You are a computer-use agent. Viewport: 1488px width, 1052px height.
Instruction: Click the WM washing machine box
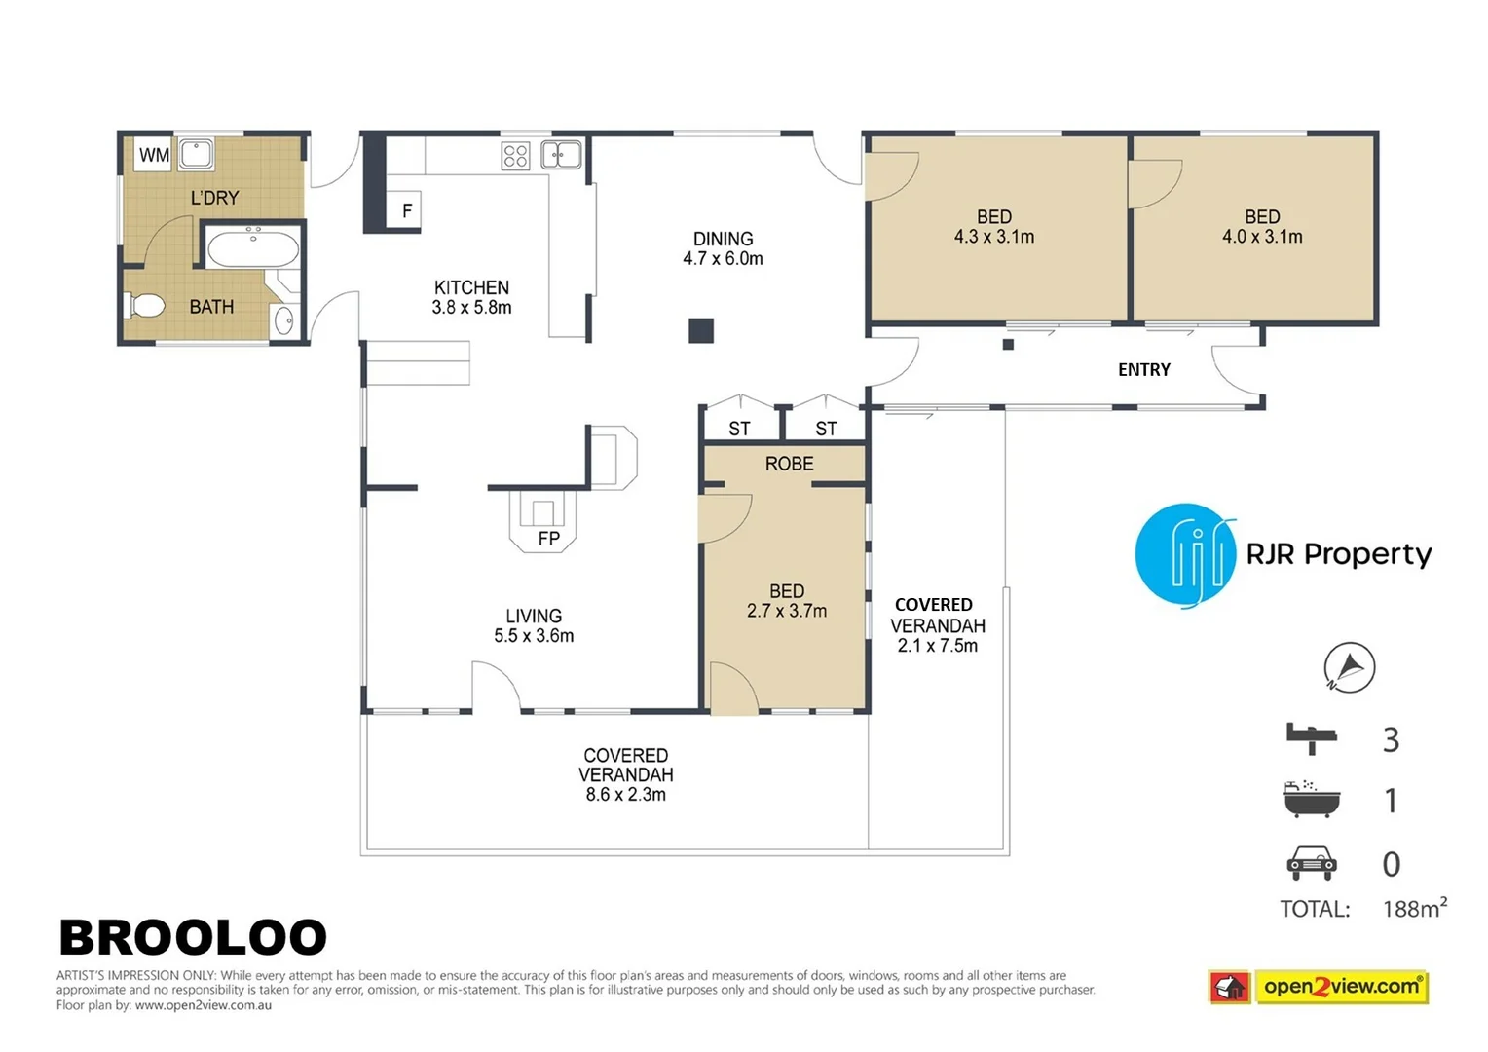(153, 155)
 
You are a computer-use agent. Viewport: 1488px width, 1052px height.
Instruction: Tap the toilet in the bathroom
(145, 306)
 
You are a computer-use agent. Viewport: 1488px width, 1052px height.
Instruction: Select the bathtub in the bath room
(253, 247)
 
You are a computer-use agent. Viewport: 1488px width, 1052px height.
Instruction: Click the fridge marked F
(406, 209)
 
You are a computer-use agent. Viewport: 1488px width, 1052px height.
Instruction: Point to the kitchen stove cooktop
(515, 156)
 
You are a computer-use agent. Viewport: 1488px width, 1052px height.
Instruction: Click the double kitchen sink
(561, 154)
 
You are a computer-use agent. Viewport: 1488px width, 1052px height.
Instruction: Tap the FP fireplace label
(548, 538)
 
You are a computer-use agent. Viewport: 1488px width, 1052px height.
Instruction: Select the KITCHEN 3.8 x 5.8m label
(471, 297)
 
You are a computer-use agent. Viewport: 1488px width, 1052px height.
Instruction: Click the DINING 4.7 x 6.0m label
(723, 248)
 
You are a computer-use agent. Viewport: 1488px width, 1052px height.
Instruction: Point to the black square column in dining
(701, 331)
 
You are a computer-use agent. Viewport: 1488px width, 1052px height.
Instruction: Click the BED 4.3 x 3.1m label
(993, 227)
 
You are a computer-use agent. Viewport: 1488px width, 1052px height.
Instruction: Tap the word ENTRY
(1143, 370)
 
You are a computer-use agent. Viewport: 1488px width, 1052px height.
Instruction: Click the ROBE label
(789, 464)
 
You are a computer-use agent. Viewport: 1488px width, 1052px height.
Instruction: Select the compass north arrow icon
(1349, 667)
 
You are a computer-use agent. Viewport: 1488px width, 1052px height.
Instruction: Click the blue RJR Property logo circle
(1184, 554)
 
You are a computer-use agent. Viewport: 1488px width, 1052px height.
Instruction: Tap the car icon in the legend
(1312, 863)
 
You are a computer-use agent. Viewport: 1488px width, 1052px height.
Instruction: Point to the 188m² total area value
(1414, 908)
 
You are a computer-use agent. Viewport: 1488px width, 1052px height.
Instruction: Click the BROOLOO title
(193, 938)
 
